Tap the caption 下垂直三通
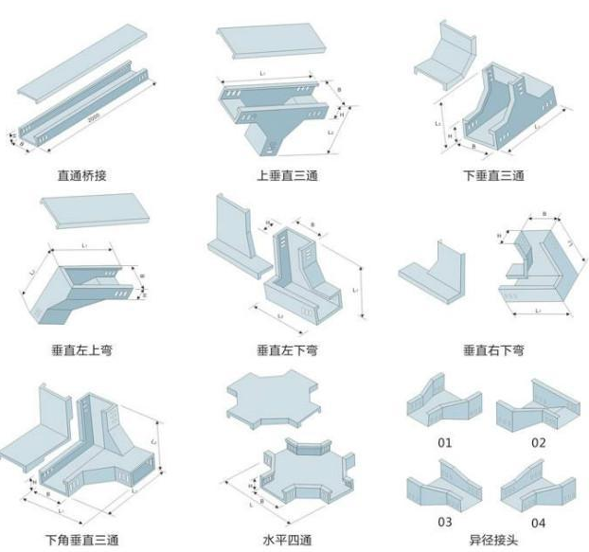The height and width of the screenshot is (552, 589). [492, 175]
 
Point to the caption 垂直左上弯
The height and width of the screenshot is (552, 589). [82, 350]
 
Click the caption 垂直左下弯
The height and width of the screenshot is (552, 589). [287, 350]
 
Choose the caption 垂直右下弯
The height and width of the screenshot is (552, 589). [492, 350]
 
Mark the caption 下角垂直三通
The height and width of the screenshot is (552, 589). [82, 540]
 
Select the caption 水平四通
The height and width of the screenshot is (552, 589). [287, 540]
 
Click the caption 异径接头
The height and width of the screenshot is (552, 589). [492, 540]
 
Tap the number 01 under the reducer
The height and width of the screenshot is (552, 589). [444, 442]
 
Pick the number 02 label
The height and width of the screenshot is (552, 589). [539, 442]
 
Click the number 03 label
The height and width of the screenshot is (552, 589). [444, 522]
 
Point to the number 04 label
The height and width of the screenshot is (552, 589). [539, 522]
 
